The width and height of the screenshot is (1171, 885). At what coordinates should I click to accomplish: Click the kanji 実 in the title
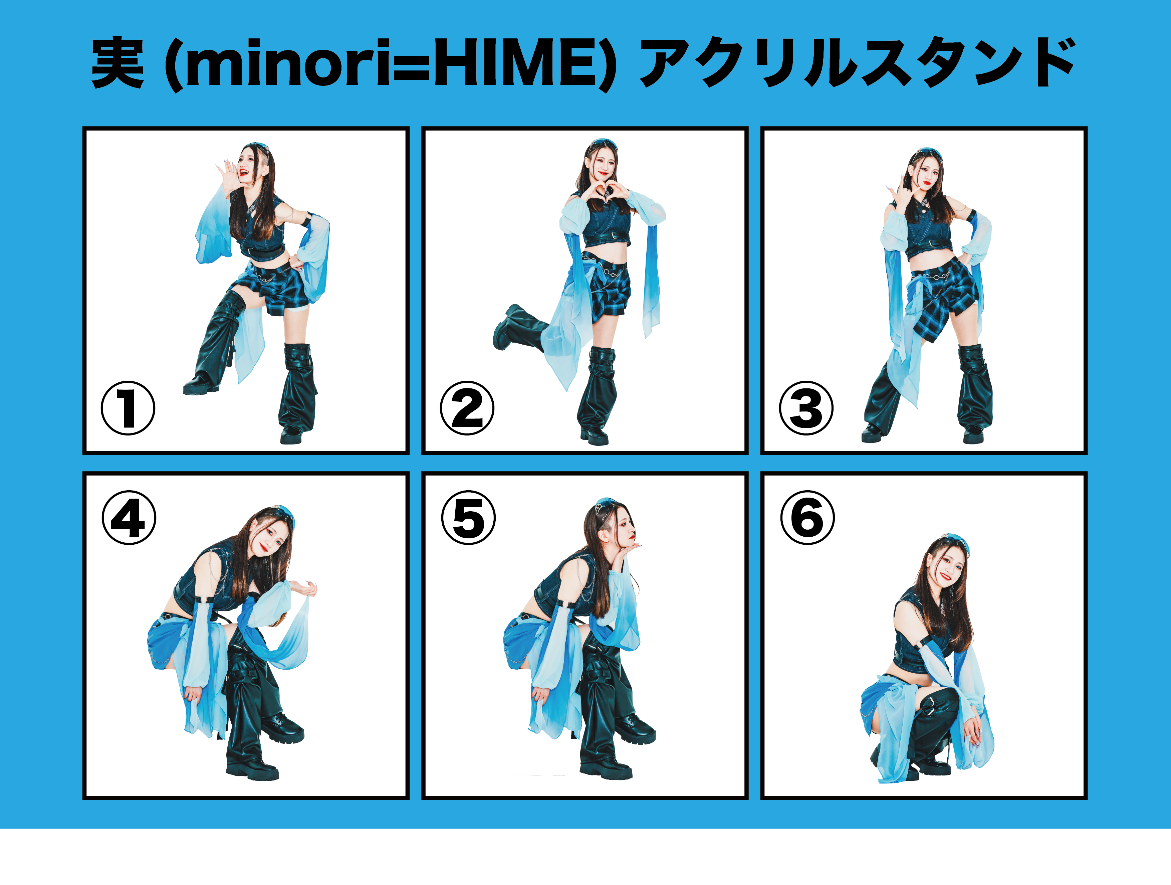click(118, 63)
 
